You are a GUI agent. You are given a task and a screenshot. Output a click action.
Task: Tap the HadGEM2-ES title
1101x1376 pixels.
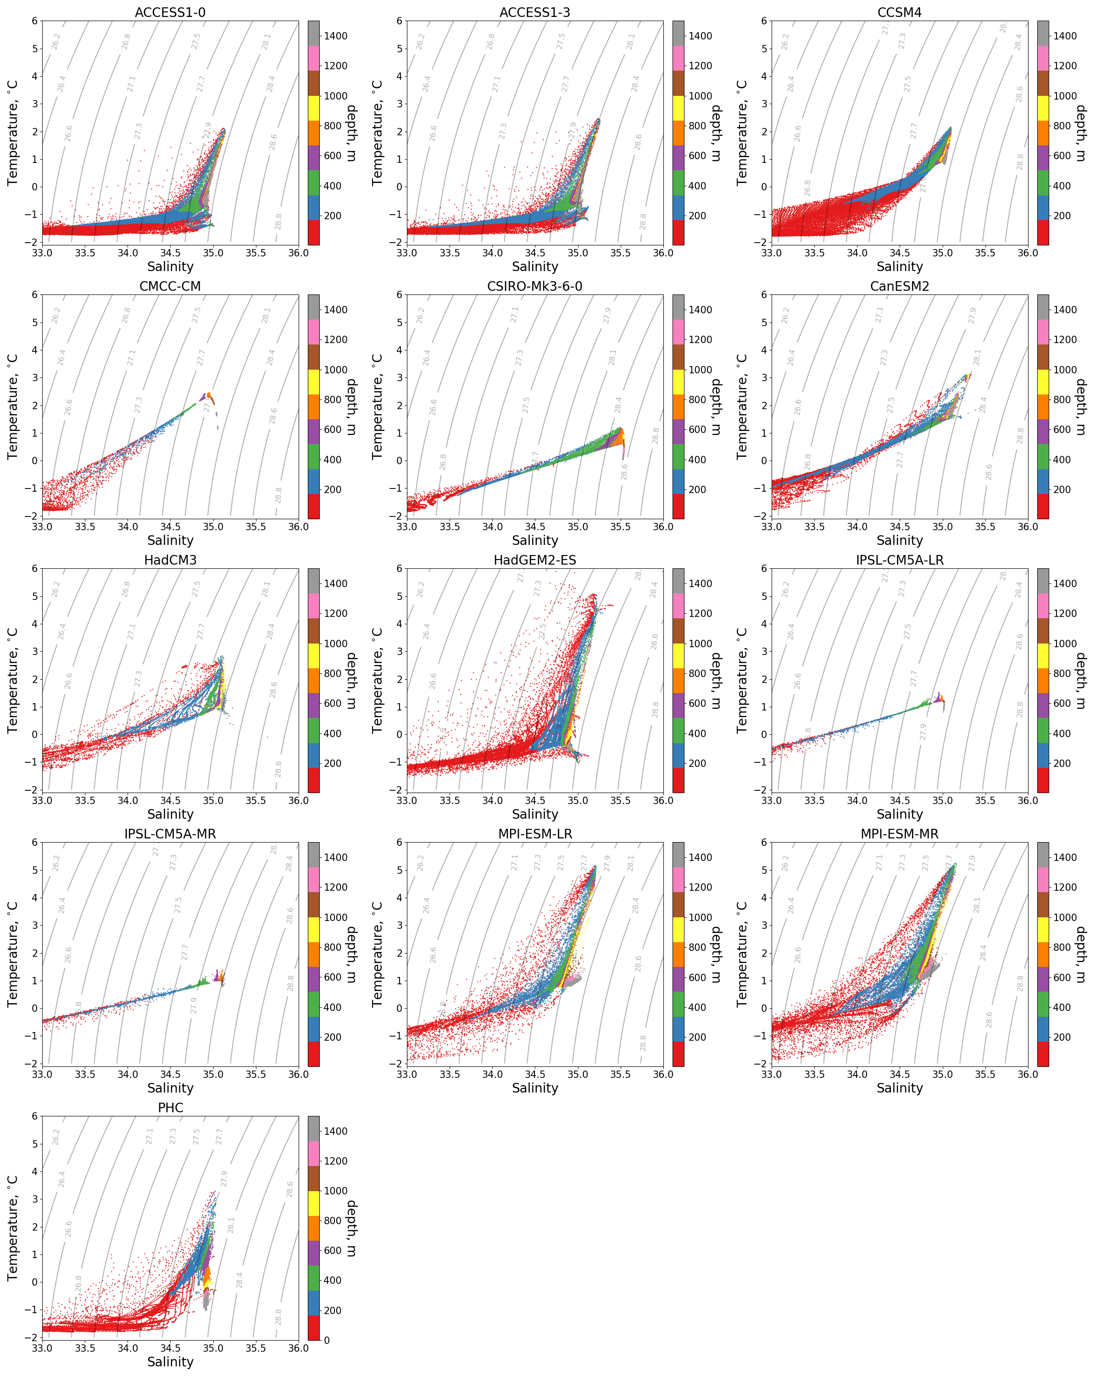[x=534, y=560]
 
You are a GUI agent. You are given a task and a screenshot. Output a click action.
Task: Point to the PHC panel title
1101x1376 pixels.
[x=170, y=1108]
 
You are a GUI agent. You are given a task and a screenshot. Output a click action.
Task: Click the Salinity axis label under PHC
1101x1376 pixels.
[x=170, y=1362]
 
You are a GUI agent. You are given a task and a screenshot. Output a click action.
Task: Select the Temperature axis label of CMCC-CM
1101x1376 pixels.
[x=13, y=406]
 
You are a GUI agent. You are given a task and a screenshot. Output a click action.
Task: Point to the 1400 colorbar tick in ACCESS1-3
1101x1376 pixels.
[x=700, y=36]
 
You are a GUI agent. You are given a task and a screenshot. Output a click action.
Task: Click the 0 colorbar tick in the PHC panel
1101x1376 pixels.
[x=327, y=1340]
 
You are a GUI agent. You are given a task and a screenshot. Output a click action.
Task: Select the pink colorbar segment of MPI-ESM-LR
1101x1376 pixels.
[x=678, y=879]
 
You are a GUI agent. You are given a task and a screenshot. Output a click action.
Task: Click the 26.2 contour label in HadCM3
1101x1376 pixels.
[x=56, y=589]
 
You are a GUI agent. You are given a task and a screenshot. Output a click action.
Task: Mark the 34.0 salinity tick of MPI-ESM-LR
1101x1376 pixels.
[x=492, y=1075]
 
